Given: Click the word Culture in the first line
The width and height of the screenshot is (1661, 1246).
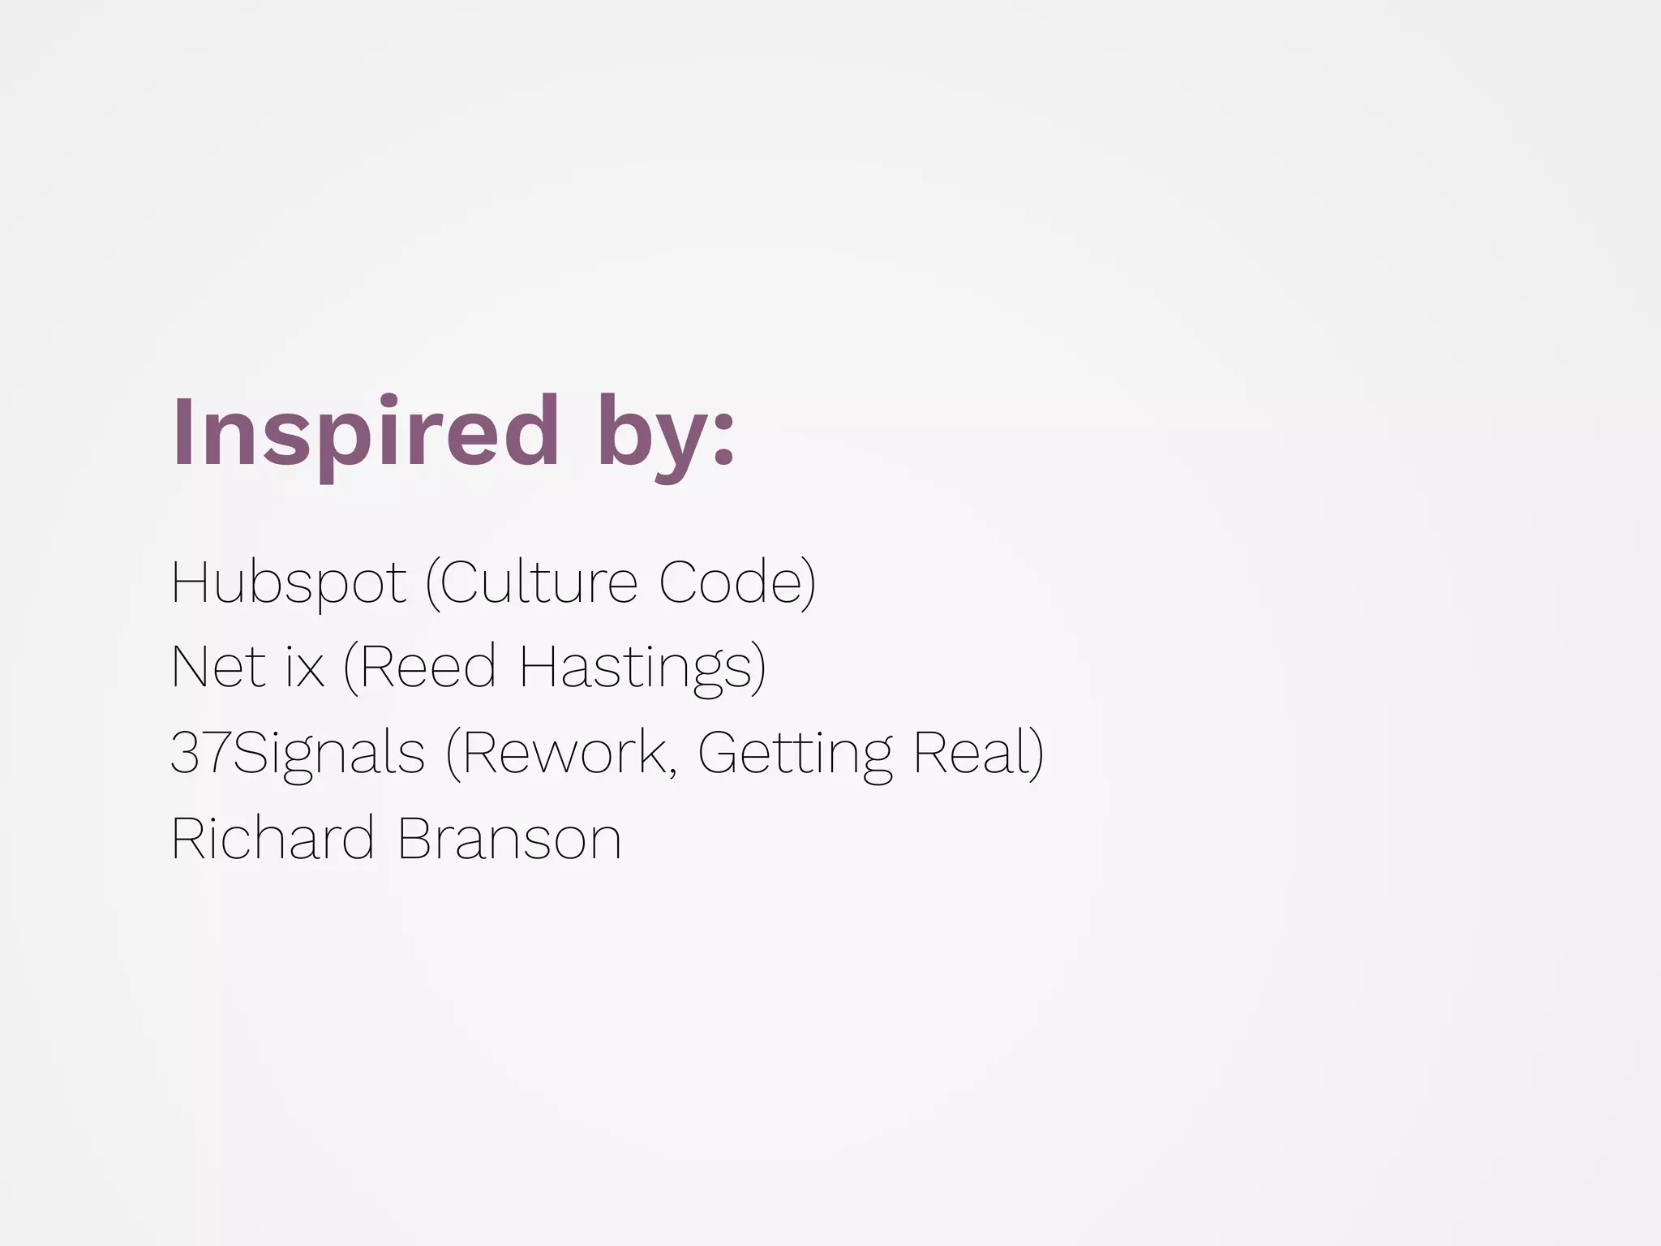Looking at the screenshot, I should pos(539,582).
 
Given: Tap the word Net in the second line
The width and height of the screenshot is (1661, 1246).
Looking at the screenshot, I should pos(214,667).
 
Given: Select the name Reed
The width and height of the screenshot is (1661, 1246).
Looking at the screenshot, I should pos(427,667).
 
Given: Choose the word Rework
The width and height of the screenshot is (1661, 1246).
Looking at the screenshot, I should pos(564,753).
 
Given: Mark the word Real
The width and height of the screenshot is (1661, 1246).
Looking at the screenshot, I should pos(968,753).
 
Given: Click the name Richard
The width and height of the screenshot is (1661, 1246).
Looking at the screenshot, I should pos(273,838).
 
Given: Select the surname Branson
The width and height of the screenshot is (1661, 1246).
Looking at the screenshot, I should pos(509,838).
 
